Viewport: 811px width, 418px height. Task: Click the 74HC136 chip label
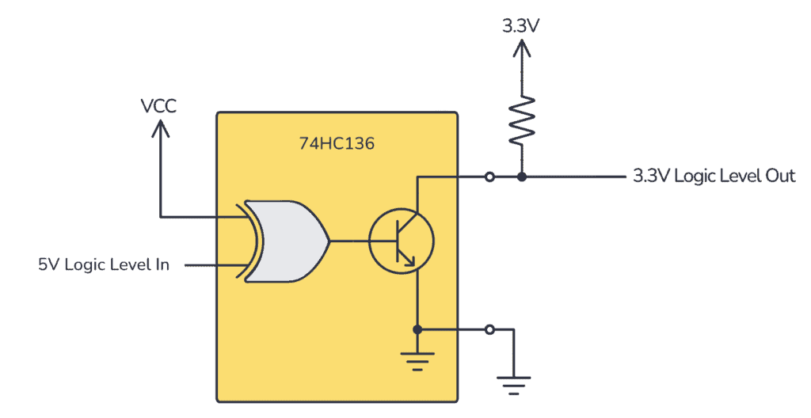click(x=337, y=145)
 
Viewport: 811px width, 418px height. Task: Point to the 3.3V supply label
click(x=521, y=25)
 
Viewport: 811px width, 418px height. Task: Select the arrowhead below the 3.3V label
click(x=521, y=49)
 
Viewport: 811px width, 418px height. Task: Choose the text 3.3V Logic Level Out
click(x=713, y=176)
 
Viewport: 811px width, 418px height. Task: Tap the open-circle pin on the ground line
click(x=490, y=329)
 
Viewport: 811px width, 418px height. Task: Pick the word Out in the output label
click(x=779, y=176)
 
